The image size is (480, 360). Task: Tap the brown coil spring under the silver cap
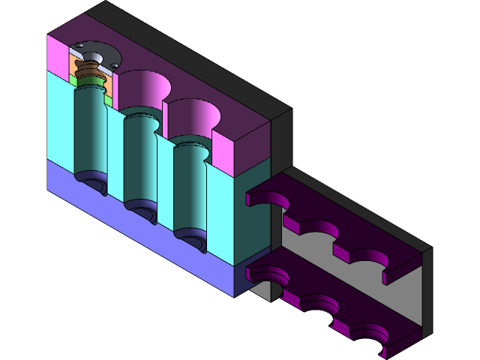(x=90, y=75)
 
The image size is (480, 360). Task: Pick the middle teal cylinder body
(x=138, y=161)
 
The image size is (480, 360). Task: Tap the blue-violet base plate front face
(x=135, y=225)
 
